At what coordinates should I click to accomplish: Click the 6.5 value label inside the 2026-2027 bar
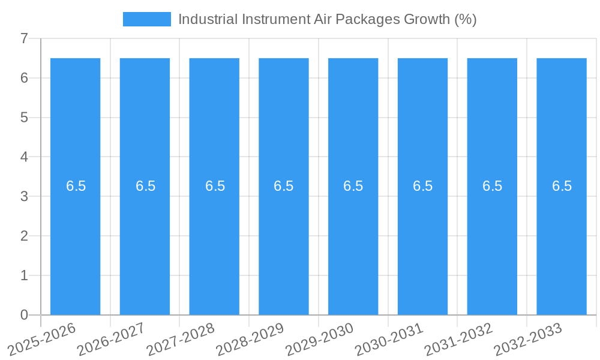(145, 186)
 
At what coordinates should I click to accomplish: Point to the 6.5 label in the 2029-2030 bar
(353, 186)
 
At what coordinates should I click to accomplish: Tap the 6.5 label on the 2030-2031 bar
(423, 186)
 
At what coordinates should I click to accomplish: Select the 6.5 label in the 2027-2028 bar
(215, 186)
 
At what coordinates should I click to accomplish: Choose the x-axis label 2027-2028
(181, 339)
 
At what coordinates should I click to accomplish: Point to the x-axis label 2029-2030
(320, 339)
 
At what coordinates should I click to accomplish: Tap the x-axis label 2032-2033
(528, 339)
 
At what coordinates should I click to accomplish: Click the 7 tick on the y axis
(24, 39)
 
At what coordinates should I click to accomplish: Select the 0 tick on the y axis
(24, 315)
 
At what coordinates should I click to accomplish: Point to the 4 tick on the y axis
(24, 157)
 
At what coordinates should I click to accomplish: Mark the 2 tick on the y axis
(24, 236)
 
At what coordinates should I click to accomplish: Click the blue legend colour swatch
(146, 19)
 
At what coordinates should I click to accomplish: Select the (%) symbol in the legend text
(465, 19)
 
